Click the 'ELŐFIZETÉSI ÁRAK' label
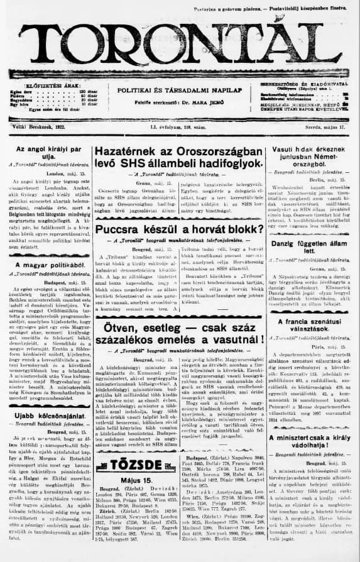(45, 84)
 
